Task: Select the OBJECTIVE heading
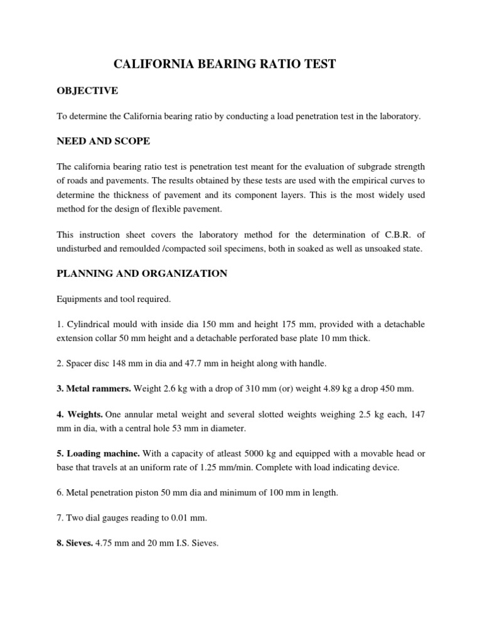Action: (x=87, y=91)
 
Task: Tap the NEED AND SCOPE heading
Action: (x=104, y=141)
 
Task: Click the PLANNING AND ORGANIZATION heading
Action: (x=142, y=274)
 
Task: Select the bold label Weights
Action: (x=80, y=415)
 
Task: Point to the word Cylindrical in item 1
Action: (x=87, y=324)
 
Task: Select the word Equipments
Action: (x=78, y=299)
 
